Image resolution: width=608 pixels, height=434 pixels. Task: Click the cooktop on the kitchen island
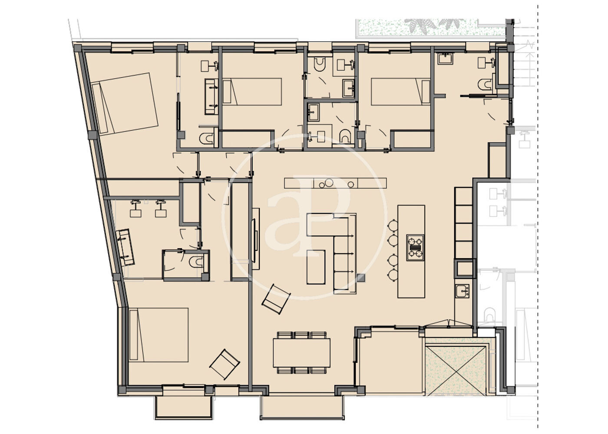pyautogui.click(x=415, y=248)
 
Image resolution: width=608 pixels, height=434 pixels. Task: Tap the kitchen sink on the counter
pyautogui.click(x=462, y=291)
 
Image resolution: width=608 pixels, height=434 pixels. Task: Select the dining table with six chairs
pyautogui.click(x=301, y=352)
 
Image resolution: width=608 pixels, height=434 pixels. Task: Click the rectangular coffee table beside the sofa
pyautogui.click(x=316, y=267)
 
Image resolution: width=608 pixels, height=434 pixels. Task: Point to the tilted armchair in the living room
pyautogui.click(x=276, y=299)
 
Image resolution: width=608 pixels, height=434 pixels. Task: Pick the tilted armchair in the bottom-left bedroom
pyautogui.click(x=225, y=364)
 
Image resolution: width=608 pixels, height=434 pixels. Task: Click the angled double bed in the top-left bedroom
pyautogui.click(x=125, y=104)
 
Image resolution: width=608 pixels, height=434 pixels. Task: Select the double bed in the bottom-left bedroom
pyautogui.click(x=159, y=335)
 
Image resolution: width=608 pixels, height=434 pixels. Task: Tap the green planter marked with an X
pyautogui.click(x=455, y=371)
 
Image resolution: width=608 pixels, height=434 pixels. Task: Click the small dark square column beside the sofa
pyautogui.click(x=361, y=278)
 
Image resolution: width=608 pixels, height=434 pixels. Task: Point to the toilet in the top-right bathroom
pyautogui.click(x=485, y=84)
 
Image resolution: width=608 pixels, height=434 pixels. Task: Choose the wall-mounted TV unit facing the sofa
pyautogui.click(x=255, y=239)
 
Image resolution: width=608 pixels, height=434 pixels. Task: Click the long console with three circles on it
pyautogui.click(x=335, y=183)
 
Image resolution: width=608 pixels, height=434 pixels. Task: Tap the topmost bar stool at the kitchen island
pyautogui.click(x=393, y=225)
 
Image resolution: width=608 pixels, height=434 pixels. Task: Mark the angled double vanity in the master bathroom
pyautogui.click(x=125, y=247)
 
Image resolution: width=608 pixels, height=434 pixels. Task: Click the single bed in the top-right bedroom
pyautogui.click(x=400, y=92)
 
